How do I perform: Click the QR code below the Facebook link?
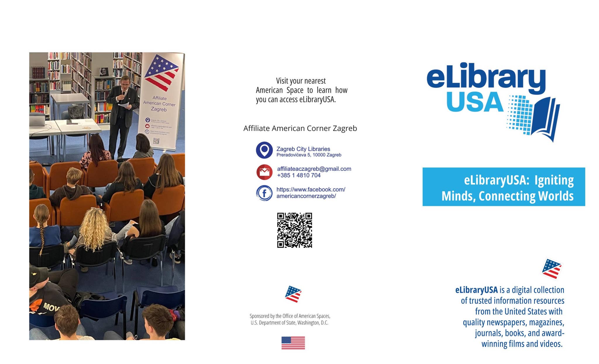[295, 230]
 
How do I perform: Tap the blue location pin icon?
[264, 150]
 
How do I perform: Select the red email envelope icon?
[264, 172]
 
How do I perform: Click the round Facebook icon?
[264, 193]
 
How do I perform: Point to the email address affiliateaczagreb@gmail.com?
[314, 169]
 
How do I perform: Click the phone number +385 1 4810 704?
[299, 175]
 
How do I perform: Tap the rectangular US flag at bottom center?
[293, 343]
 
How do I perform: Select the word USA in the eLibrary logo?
[474, 102]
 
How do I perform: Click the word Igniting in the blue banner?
[554, 180]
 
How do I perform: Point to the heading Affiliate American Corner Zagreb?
[300, 128]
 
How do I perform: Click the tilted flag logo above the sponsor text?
[293, 294]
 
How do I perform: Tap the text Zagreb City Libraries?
[303, 149]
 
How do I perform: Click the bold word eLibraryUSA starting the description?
[476, 290]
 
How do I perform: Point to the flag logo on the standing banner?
[162, 72]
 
